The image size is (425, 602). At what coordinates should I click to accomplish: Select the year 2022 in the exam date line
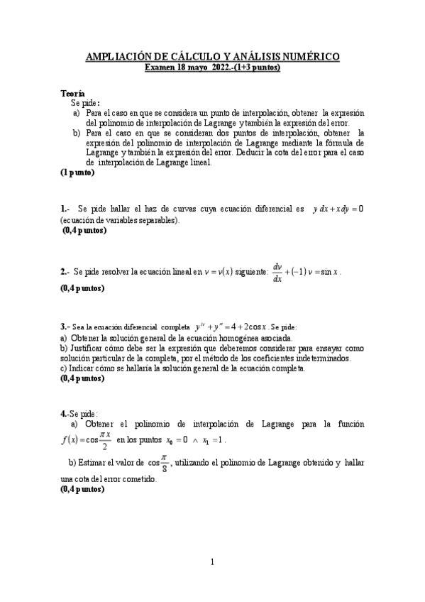tap(223, 67)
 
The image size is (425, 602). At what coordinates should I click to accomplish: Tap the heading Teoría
tap(72, 94)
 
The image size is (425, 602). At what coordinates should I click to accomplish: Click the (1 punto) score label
tap(77, 172)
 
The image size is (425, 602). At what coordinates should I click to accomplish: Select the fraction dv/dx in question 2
tap(277, 271)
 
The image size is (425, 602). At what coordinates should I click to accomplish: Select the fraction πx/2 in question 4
tap(105, 440)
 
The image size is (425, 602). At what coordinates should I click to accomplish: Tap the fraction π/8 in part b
tap(165, 463)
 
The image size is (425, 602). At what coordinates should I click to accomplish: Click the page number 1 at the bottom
tap(212, 563)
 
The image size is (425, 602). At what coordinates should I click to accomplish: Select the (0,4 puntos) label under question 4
tap(82, 489)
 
